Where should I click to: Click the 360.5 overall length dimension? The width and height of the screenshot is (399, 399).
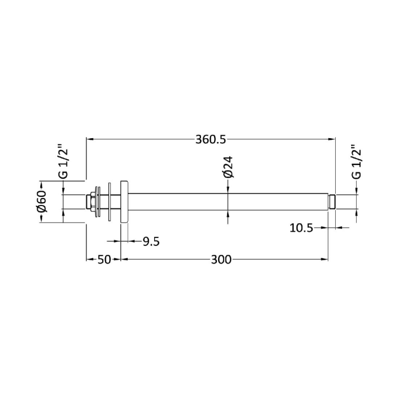tap(210, 140)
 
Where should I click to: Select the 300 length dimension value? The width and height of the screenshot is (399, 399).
tap(221, 260)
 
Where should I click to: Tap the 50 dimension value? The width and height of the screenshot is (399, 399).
tap(104, 260)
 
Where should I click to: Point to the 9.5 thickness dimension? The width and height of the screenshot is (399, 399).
tap(151, 241)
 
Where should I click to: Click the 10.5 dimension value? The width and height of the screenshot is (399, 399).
tap(301, 228)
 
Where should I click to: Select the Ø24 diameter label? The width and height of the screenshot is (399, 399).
tap(228, 167)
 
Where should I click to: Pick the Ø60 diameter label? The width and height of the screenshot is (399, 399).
tap(42, 201)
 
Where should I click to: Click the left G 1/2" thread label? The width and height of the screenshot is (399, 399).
tap(63, 162)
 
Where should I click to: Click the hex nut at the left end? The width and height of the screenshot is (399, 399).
tap(91, 202)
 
